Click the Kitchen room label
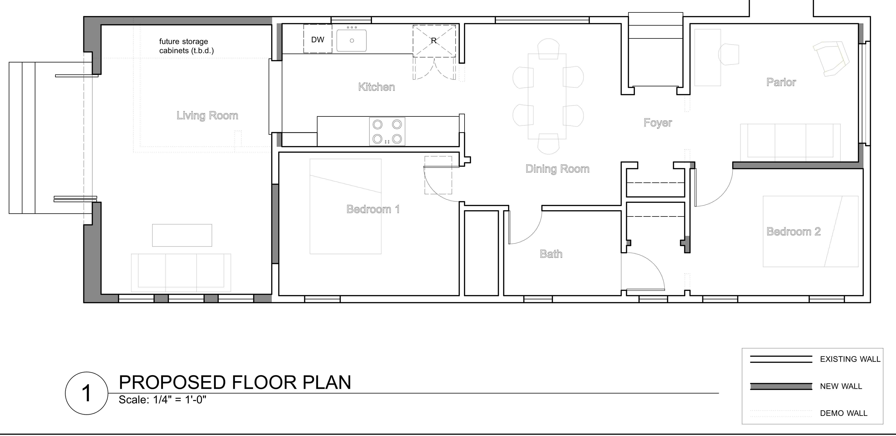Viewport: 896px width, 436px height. [377, 87]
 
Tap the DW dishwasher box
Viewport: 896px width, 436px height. [317, 39]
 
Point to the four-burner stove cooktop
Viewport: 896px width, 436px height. [387, 131]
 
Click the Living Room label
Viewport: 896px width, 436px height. [207, 115]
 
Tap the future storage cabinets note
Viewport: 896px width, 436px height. [187, 46]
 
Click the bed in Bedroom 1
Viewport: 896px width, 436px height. [345, 206]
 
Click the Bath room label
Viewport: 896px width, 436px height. [551, 254]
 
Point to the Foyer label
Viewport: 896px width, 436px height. [658, 123]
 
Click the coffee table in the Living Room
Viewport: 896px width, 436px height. [182, 235]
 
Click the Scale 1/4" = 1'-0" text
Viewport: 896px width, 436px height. [162, 400]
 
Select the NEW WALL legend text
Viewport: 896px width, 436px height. [841, 386]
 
